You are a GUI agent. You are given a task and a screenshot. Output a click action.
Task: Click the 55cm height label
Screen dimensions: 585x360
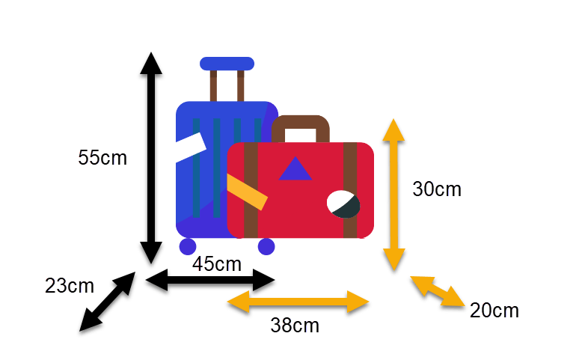point(102,158)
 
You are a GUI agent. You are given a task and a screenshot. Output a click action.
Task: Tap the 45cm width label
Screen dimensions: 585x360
point(217,264)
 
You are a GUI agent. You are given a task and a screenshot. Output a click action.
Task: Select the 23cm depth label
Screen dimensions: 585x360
point(70,286)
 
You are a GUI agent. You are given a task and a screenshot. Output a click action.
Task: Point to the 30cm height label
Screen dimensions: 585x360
point(437,189)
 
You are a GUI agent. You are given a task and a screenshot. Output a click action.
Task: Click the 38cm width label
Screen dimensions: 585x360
point(295,326)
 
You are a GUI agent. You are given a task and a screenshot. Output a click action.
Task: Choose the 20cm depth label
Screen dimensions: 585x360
point(494,311)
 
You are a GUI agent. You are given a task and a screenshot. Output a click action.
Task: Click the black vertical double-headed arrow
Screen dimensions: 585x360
point(151,158)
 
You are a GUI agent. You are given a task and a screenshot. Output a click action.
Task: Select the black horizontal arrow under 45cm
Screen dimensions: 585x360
point(210,280)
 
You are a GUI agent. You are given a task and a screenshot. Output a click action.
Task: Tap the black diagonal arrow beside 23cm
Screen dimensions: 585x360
point(108,302)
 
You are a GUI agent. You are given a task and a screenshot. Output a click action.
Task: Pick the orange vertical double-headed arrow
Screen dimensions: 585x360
point(393,195)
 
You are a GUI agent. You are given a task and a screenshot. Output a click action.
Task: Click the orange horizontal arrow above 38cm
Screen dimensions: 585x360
point(298,302)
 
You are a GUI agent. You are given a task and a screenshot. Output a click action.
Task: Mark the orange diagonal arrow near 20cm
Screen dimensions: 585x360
point(438,291)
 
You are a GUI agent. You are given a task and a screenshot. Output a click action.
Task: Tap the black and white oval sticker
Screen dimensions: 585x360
point(343,204)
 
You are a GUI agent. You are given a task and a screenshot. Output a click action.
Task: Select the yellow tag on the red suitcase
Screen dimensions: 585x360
point(247,192)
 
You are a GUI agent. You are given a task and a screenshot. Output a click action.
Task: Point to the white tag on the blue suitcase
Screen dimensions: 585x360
point(191,147)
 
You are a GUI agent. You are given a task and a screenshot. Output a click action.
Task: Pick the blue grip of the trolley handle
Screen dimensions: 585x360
point(227,64)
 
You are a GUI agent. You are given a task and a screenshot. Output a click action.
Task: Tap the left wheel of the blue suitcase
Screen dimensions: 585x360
point(188,246)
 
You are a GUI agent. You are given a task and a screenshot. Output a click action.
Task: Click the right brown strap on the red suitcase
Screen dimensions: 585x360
point(350,190)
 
